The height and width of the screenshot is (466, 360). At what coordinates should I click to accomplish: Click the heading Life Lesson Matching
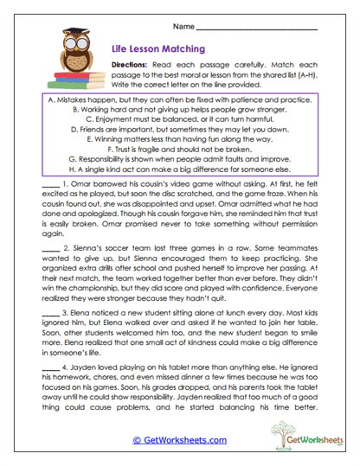158,50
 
